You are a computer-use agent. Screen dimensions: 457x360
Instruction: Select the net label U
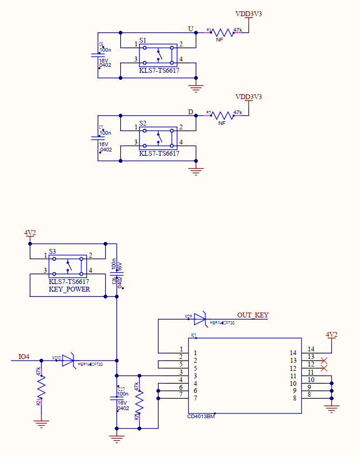pyautogui.click(x=190, y=29)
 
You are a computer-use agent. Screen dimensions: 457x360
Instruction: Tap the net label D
pyautogui.click(x=190, y=112)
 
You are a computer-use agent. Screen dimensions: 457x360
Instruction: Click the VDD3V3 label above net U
pyautogui.click(x=248, y=13)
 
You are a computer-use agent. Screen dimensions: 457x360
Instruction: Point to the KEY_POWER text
pyautogui.click(x=70, y=289)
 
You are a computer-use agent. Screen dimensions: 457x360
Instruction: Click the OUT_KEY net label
pyautogui.click(x=253, y=315)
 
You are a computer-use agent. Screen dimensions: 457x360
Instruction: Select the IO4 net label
pyautogui.click(x=24, y=357)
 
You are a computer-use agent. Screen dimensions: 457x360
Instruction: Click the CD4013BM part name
pyautogui.click(x=201, y=416)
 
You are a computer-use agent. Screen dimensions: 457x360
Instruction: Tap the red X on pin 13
pyautogui.click(x=324, y=360)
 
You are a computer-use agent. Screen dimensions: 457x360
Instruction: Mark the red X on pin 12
pyautogui.click(x=324, y=368)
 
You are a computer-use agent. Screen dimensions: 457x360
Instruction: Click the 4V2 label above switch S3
pyautogui.click(x=30, y=233)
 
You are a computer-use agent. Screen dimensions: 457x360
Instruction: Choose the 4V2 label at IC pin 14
pyautogui.click(x=332, y=335)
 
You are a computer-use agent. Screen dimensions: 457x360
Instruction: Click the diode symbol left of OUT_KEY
pyautogui.click(x=200, y=320)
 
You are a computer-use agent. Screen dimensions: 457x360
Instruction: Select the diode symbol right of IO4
pyautogui.click(x=68, y=361)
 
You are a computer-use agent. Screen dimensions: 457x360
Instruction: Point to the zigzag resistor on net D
pyautogui.click(x=221, y=115)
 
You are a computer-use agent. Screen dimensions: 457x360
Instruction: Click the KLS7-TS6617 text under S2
pyautogui.click(x=159, y=154)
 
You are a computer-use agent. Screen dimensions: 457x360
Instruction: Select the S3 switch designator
pyautogui.click(x=52, y=251)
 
